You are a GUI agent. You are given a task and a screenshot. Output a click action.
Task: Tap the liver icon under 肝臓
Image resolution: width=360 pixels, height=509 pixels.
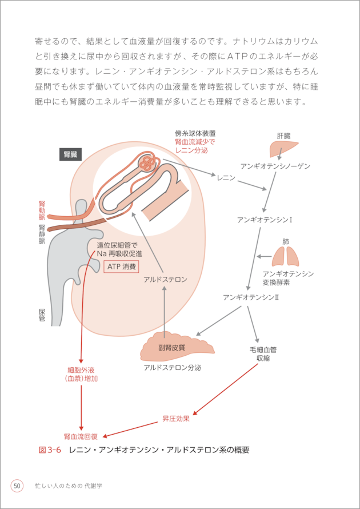coord(283,150)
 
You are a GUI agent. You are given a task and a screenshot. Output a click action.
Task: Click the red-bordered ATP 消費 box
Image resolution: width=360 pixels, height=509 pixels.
coord(121,267)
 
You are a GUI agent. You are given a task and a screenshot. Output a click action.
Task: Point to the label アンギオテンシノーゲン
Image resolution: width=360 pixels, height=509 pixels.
coord(275,166)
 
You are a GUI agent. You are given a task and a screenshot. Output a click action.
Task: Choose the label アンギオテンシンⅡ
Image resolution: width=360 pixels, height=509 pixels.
coord(251,297)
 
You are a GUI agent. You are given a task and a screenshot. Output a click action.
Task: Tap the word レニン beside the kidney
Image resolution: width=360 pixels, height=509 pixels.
coord(226,178)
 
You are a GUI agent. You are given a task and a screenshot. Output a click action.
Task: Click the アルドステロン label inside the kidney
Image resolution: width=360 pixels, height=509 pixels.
coord(165,279)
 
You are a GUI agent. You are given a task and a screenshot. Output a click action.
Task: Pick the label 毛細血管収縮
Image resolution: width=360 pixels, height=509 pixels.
coord(263,353)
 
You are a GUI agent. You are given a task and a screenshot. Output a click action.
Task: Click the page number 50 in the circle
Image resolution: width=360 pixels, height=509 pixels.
coord(17,486)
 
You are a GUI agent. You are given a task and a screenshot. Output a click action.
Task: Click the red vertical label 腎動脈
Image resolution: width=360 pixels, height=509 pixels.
coord(42,210)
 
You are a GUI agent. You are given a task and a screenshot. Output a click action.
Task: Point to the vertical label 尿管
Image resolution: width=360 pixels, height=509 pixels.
coord(42,315)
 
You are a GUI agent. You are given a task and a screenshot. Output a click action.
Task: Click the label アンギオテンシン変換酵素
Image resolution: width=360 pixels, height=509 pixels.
coord(288,278)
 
